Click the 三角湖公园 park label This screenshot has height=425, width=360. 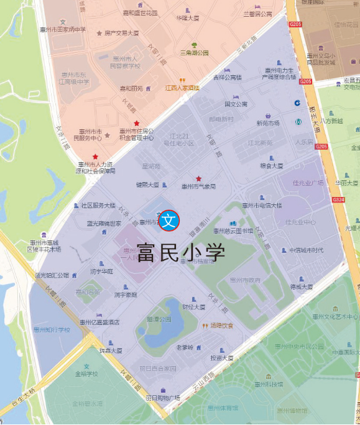tap(194, 53)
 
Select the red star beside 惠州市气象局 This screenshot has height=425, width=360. tap(199, 179)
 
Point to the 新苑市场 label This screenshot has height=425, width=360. tap(268, 123)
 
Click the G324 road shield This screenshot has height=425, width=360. tap(338, 199)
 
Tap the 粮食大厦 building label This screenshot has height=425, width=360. tap(271, 166)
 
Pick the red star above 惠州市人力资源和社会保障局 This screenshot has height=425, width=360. tap(95, 157)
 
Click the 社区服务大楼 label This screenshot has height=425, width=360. tap(98, 205)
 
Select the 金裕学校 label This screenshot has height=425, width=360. tap(86, 374)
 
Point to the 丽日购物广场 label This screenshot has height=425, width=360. tap(163, 398)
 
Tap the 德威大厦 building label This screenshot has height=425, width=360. tap(302, 287)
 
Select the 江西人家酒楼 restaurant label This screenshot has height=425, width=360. tap(182, 88)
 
